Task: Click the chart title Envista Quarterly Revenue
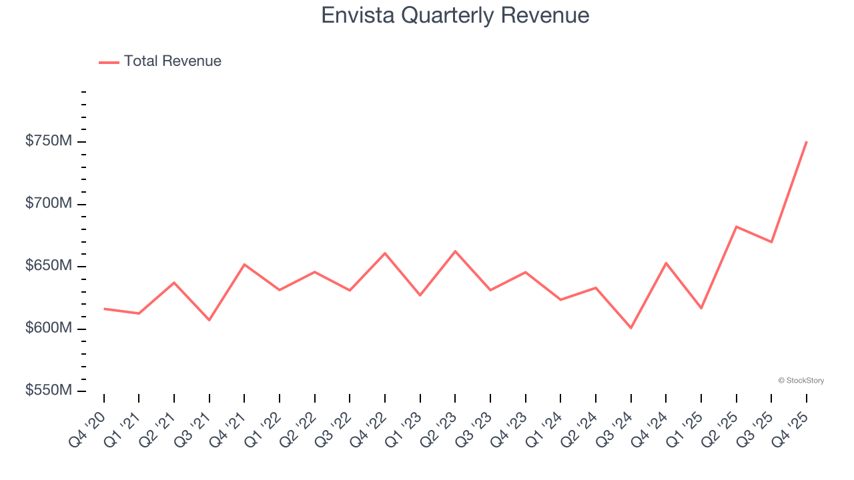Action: [x=455, y=15]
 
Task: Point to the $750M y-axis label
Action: [x=48, y=142]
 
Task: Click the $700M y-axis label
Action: [x=48, y=204]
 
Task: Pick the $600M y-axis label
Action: [x=48, y=329]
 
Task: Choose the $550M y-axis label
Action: [x=48, y=391]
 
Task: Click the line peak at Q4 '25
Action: [x=806, y=142]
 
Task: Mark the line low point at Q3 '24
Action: [x=630, y=328]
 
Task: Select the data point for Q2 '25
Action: [x=736, y=227]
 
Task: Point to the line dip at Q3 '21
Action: [x=209, y=320]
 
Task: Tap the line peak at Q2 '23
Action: [x=455, y=251]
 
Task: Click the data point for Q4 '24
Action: [x=666, y=263]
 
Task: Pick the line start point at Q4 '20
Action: [x=105, y=309]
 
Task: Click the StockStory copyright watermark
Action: [x=801, y=381]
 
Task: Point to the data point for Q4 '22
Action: [x=385, y=253]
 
